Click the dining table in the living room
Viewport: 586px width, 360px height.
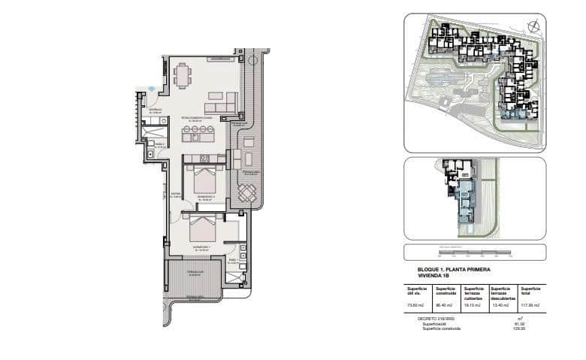182,74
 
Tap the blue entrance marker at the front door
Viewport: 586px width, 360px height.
152,89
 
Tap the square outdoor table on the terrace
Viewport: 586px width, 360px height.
247,193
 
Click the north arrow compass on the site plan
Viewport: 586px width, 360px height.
533,27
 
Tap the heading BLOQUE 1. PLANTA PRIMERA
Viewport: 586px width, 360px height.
453,268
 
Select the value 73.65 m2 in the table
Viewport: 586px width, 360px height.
415,306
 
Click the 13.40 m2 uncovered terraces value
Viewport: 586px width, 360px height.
502,306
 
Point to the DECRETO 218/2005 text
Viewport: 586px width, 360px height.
436,319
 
